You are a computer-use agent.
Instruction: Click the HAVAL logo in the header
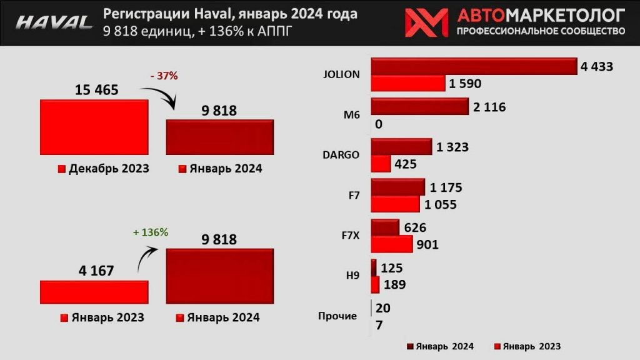[54, 22]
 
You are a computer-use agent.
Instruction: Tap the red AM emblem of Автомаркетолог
[426, 22]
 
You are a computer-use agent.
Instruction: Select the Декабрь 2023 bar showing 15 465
[94, 127]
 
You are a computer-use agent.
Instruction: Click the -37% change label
[164, 76]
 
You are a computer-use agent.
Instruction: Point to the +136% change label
[150, 232]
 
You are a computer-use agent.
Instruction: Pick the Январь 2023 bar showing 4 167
[94, 292]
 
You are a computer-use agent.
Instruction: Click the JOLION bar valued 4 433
[474, 66]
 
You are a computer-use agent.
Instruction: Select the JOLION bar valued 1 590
[408, 83]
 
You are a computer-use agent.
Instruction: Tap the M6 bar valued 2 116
[420, 107]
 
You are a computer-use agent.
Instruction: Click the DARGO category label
[341, 155]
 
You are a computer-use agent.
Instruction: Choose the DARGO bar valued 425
[381, 164]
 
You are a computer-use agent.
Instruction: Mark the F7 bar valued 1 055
[396, 204]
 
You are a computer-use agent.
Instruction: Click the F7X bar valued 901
[392, 244]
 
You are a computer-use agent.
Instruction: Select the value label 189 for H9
[393, 285]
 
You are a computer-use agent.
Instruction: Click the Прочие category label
[337, 316]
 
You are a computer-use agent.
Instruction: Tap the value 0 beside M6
[379, 124]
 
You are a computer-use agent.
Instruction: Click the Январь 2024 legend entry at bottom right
[441, 346]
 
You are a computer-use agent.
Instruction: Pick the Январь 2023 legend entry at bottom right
[527, 346]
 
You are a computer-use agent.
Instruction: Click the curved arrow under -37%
[164, 97]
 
